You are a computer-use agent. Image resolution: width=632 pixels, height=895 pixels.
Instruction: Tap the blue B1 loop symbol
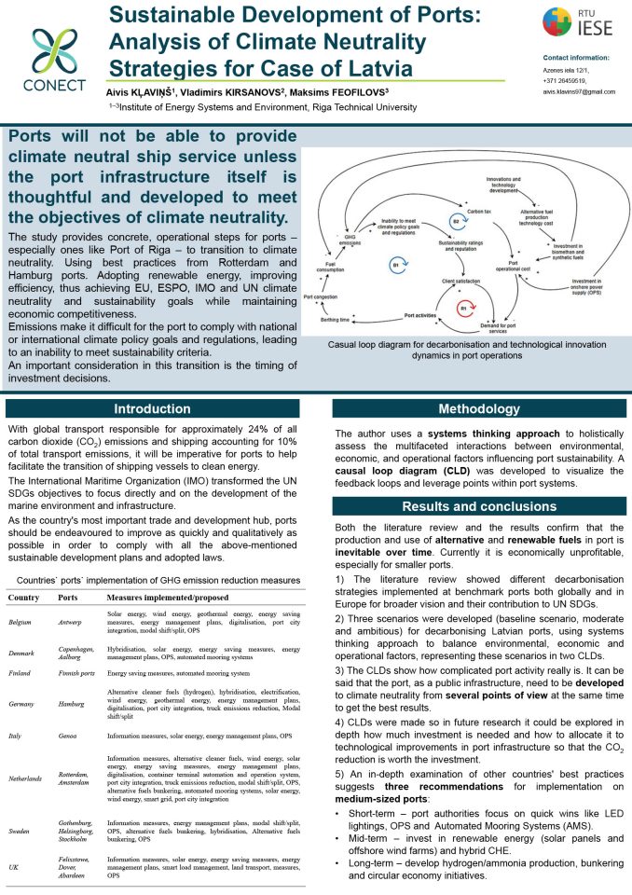pyautogui.click(x=395, y=265)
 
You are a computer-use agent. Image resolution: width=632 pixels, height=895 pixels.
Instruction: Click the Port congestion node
pyautogui.click(x=321, y=296)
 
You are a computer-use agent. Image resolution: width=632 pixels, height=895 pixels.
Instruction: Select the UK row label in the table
pyautogui.click(x=14, y=866)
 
